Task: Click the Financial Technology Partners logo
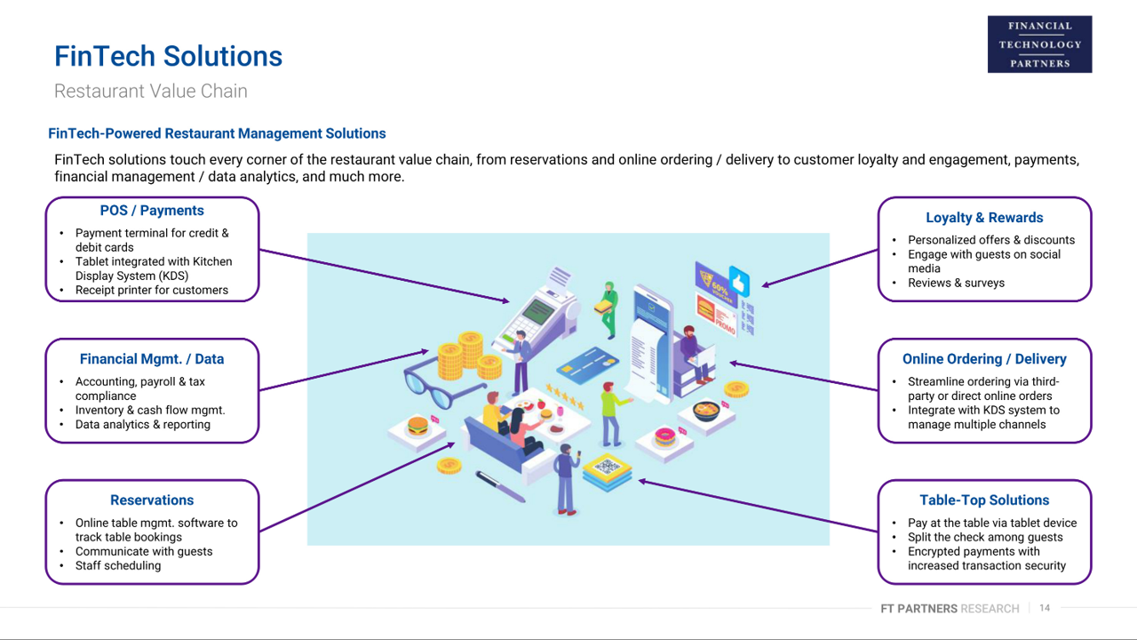tap(1039, 44)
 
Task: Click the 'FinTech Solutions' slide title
tap(168, 56)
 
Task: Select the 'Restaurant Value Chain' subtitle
tap(151, 91)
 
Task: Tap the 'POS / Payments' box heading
tap(152, 211)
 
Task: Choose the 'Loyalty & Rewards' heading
tap(984, 218)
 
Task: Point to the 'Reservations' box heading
tap(152, 500)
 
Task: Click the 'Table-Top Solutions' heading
tap(984, 500)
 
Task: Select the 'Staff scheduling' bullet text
tap(118, 565)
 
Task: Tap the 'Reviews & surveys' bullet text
tap(956, 283)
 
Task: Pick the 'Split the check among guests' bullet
tap(985, 537)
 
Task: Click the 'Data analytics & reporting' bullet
tap(143, 424)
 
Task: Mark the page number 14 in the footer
tap(1045, 608)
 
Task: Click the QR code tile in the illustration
tap(608, 466)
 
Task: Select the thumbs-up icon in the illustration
tap(739, 282)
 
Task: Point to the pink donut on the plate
tap(664, 436)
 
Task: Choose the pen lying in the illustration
tap(500, 486)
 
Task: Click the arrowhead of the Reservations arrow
tap(450, 445)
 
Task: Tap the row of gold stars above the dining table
tap(565, 397)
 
